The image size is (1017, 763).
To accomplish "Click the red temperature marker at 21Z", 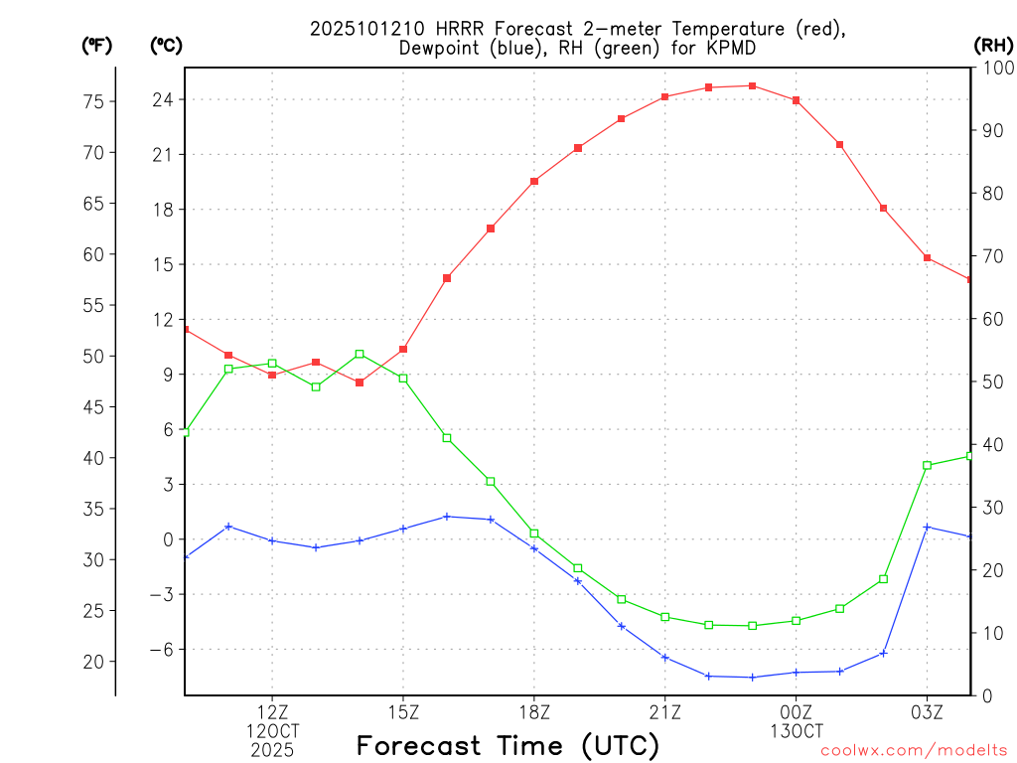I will pos(665,97).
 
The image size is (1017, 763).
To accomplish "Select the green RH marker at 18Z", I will pos(534,534).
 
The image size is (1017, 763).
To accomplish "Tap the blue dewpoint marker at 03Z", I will pos(927,527).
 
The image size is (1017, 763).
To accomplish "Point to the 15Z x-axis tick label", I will pos(403,711).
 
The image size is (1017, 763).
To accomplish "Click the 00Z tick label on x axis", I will pos(797,711).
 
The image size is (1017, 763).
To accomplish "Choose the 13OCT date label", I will pos(797,731).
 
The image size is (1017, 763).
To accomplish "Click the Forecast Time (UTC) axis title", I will pos(508,745).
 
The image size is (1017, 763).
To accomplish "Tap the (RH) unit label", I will pos(993,45).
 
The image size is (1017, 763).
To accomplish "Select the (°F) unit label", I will pos(97,45).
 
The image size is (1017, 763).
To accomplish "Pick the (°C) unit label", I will pos(165,45).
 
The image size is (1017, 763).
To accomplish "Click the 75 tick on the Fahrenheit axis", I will pos(94,101).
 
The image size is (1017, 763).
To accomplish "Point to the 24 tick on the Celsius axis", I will pos(163,99).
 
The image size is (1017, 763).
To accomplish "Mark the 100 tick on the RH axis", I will pos(996,68).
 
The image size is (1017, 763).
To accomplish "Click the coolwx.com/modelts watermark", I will pos(914,750).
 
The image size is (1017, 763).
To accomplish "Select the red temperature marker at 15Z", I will pos(403,349).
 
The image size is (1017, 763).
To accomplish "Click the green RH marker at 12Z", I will pos(272,364).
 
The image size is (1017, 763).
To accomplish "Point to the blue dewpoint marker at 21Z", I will pos(665,658).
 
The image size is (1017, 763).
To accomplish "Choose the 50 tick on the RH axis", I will pos(991,381).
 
